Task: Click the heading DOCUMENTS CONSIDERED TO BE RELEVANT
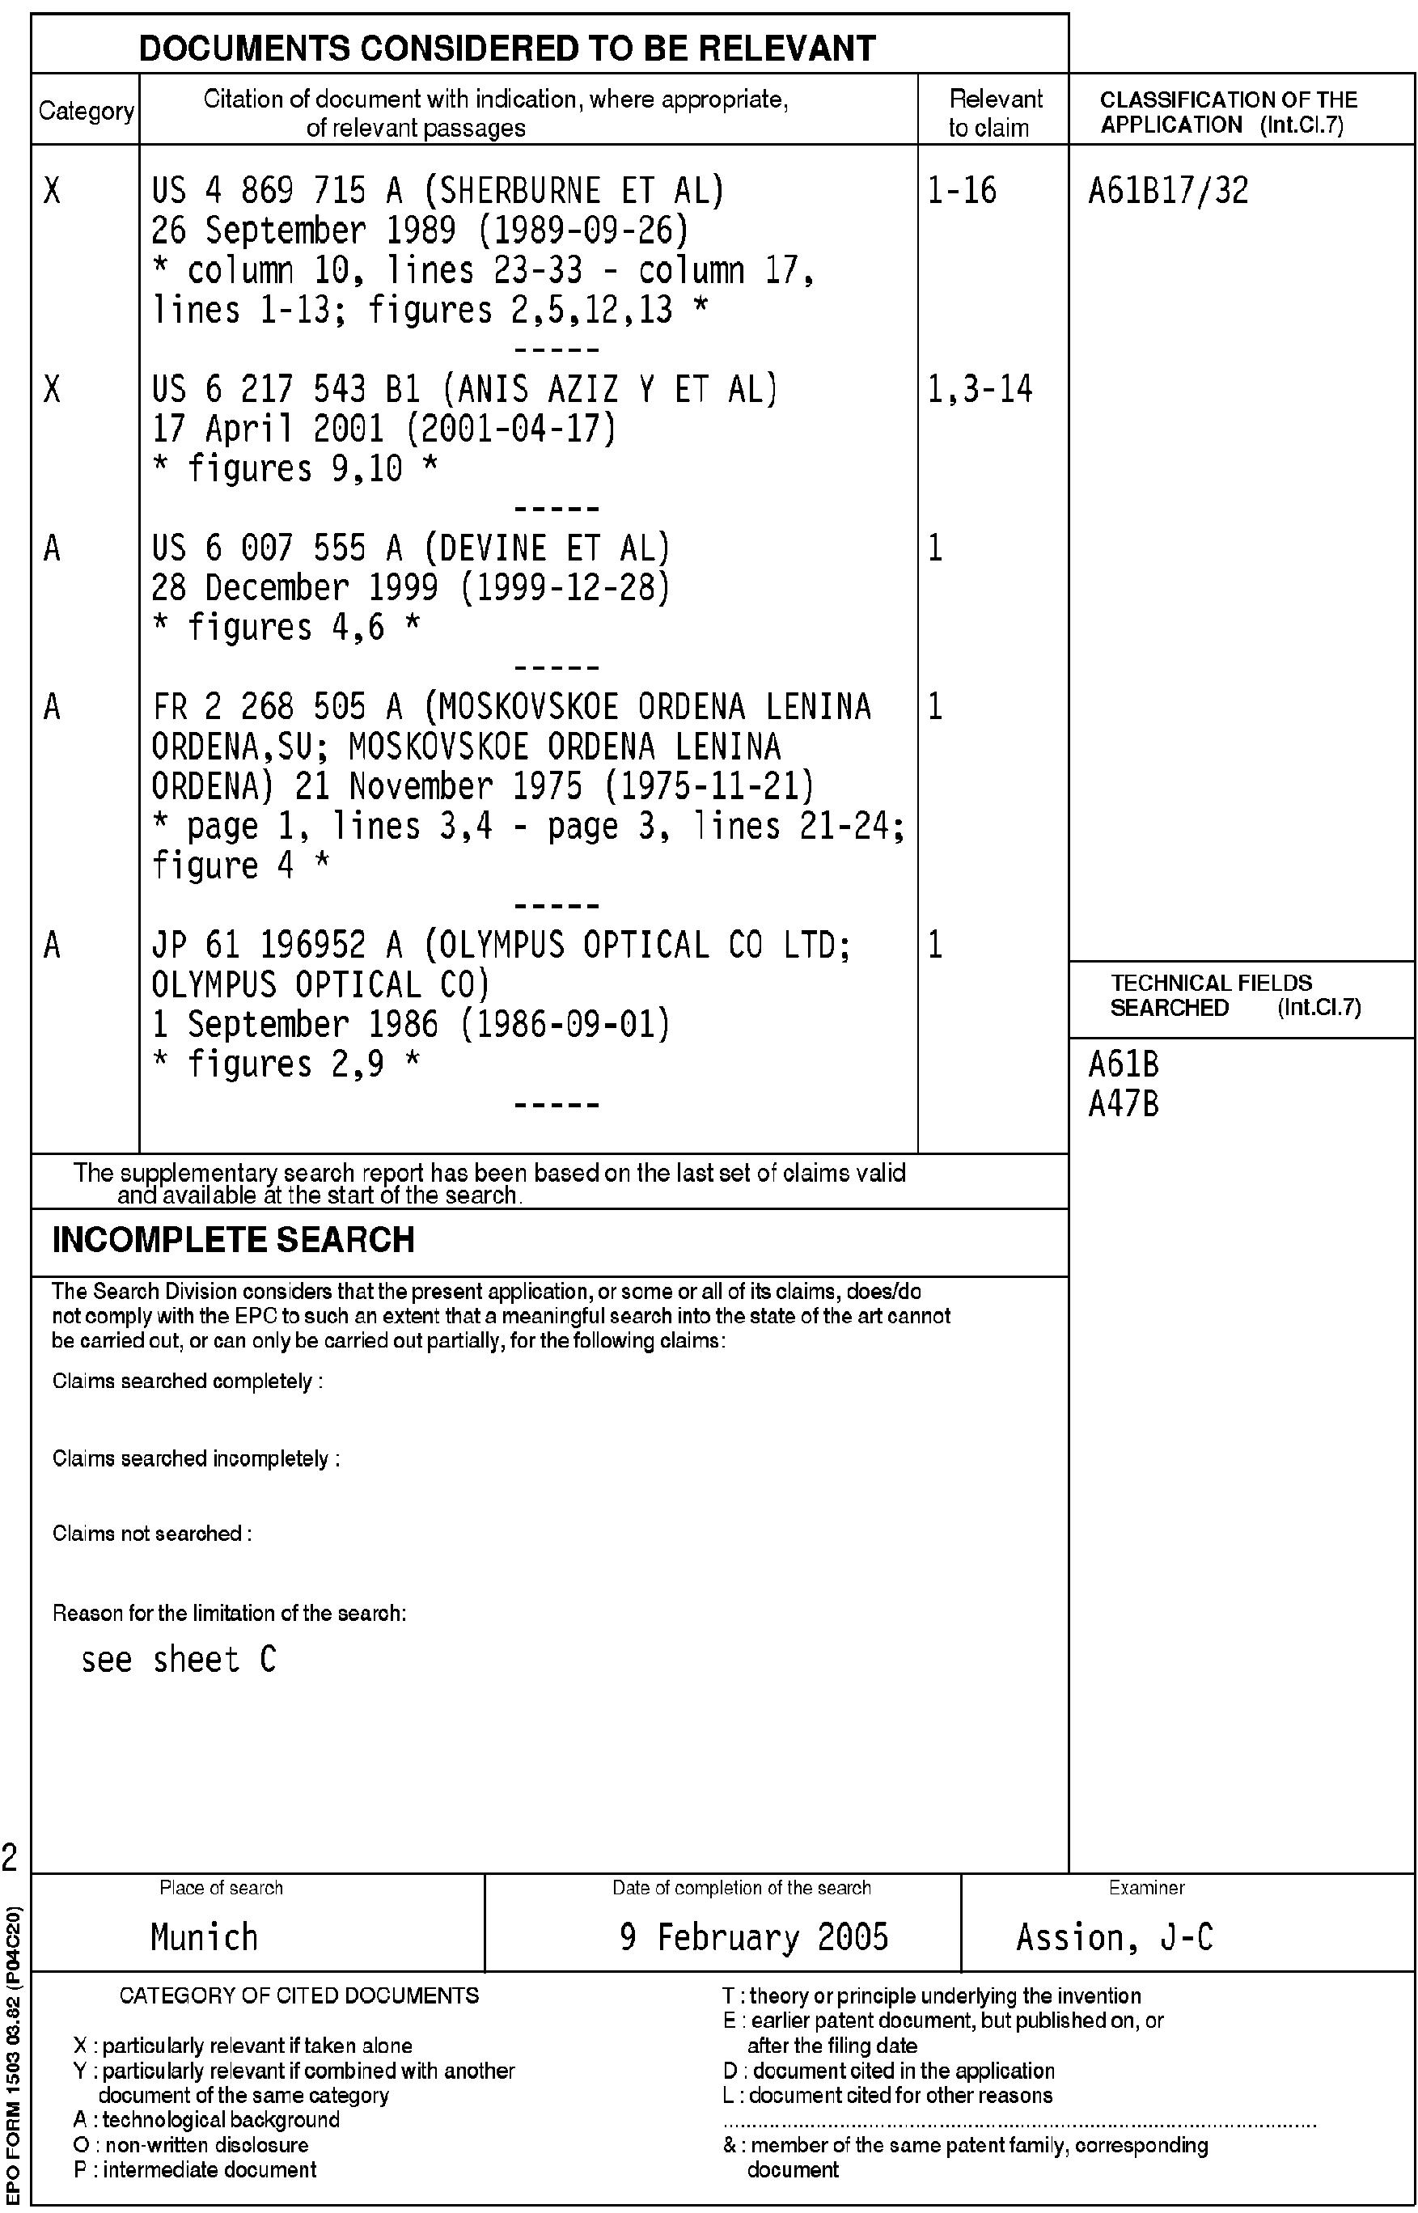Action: point(506,48)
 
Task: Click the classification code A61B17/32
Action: point(1167,191)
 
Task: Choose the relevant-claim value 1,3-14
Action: point(980,389)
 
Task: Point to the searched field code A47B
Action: point(1124,1104)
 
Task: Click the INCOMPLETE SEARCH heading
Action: point(233,1240)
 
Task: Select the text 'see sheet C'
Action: point(179,1660)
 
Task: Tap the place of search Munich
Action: point(204,1937)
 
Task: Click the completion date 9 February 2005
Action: point(754,1937)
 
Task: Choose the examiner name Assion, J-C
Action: point(1114,1937)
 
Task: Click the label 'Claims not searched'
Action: point(152,1534)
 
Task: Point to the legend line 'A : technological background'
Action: point(206,2120)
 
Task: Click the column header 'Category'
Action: point(86,112)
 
